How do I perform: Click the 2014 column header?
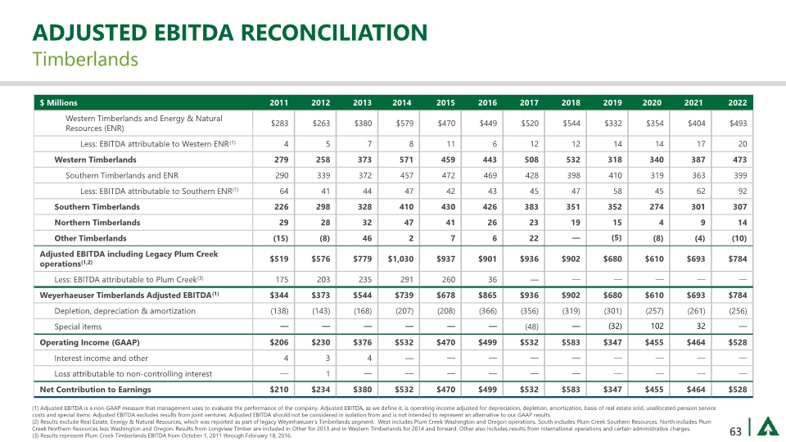pyautogui.click(x=401, y=103)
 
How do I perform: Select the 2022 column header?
pyautogui.click(x=737, y=103)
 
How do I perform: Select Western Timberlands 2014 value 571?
pyautogui.click(x=401, y=160)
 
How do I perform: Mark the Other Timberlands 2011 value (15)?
pyautogui.click(x=280, y=238)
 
